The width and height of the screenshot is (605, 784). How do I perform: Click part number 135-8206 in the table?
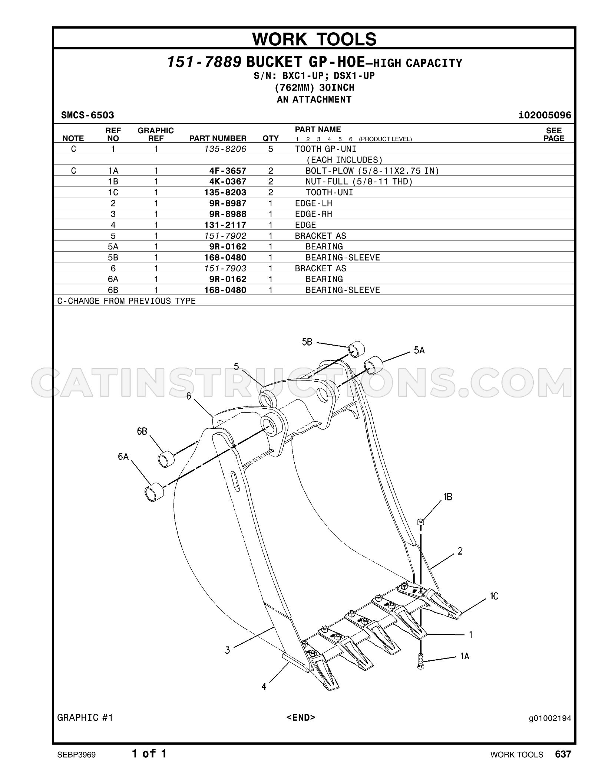coord(225,149)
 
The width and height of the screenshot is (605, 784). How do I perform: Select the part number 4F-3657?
coord(228,171)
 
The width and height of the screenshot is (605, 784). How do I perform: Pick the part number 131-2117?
coord(225,225)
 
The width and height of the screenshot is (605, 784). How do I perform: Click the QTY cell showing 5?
coord(271,149)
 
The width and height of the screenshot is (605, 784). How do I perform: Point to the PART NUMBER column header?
coord(218,138)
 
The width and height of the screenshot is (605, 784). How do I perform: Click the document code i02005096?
coord(545,115)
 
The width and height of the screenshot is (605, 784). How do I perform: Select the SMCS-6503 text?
coord(87,115)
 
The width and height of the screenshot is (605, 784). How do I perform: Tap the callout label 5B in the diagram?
coord(307,342)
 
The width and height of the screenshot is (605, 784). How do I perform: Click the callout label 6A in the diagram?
coord(123,457)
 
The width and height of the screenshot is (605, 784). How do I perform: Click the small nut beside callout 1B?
coord(420,522)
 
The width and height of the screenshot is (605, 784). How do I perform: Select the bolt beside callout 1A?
coord(420,661)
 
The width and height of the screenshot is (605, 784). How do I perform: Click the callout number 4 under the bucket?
coord(264,687)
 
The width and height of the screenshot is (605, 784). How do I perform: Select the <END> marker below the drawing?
coord(301,718)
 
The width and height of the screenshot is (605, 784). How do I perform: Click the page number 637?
coord(563,754)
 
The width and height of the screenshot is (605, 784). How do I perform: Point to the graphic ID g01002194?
coord(550,719)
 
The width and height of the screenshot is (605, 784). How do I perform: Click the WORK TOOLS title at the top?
coord(314,39)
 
